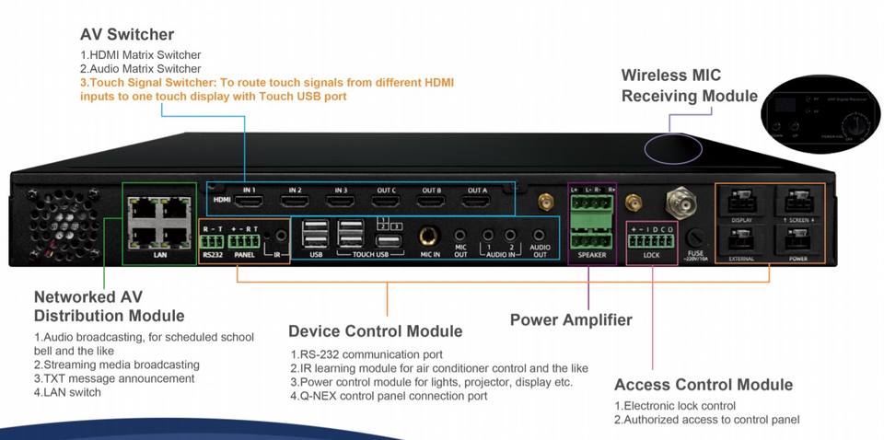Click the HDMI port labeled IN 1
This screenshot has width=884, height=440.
[x=250, y=201]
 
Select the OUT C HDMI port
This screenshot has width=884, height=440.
[x=385, y=201]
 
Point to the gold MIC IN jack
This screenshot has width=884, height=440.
[x=428, y=237]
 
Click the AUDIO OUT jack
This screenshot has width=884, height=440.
[x=540, y=236]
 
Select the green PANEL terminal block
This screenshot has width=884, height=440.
[x=245, y=240]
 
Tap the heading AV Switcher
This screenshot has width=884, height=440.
[x=126, y=35]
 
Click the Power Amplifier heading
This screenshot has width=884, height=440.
[x=571, y=319]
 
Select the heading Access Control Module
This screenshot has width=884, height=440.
[x=703, y=385]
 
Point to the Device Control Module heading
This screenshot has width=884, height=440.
[x=375, y=330]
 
